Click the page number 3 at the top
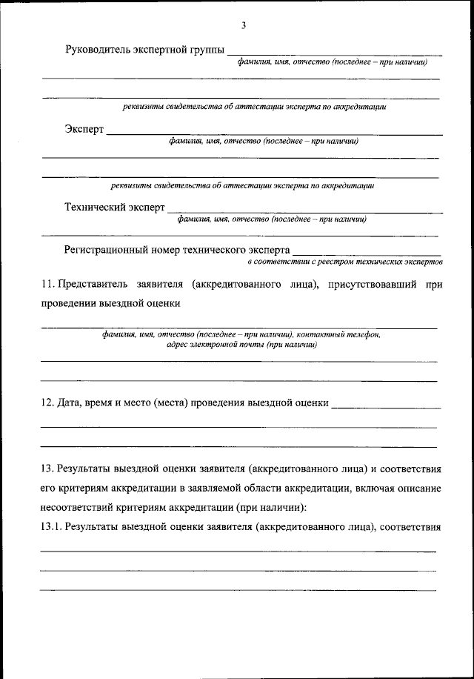(243, 26)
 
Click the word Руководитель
(98, 50)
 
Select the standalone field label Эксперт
(84, 130)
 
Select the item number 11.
(46, 284)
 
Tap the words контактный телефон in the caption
(338, 335)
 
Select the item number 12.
(46, 403)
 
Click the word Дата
(70, 403)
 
